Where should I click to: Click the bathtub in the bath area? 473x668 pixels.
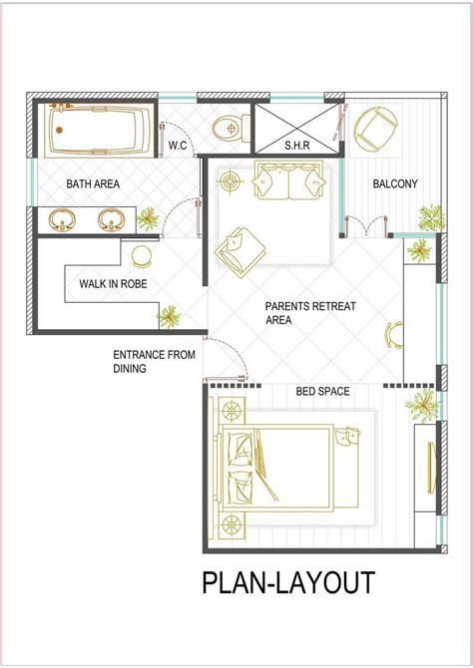(98, 129)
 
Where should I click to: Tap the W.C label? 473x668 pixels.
(178, 146)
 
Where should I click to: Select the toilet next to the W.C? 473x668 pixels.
(228, 128)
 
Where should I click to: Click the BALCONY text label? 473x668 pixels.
(394, 183)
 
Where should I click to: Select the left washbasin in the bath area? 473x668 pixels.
(64, 218)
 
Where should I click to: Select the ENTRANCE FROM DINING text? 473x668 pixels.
(154, 361)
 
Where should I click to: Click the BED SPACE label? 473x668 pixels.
(322, 391)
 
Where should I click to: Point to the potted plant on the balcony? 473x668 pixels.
(431, 215)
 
